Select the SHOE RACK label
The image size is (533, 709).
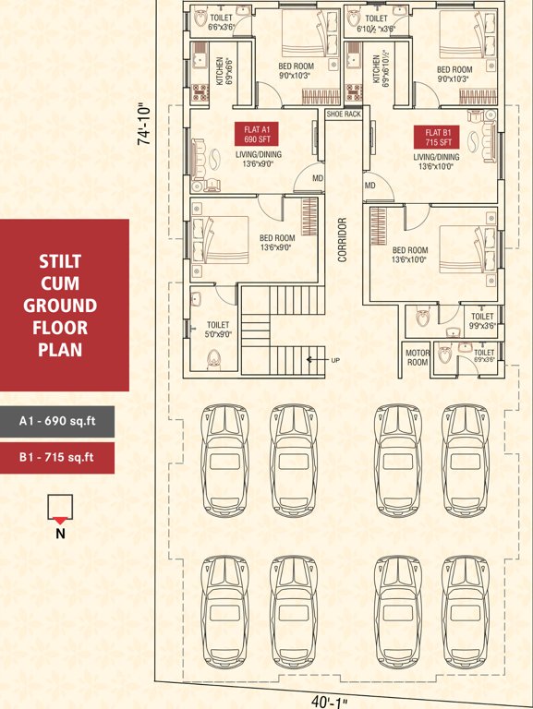coord(341,114)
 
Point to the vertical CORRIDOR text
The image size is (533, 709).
coord(341,241)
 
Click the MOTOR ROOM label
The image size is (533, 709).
coord(418,357)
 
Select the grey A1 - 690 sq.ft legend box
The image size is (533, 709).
coord(57,423)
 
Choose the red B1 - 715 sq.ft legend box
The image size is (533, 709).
coord(57,457)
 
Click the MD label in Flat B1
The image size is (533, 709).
coord(369,186)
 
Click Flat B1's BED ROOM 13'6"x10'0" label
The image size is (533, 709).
coord(410,255)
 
